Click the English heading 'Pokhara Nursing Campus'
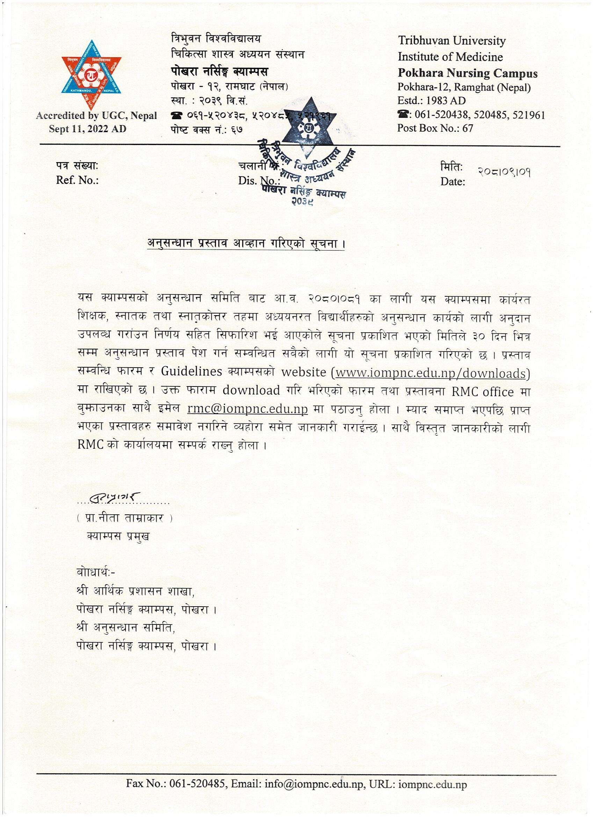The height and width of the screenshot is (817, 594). click(x=467, y=73)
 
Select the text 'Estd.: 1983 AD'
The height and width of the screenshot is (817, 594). click(x=431, y=101)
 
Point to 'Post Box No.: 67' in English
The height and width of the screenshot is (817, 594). click(x=435, y=128)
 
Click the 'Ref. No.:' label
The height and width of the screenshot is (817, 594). click(x=77, y=180)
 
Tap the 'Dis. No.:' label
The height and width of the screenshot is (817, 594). click(x=259, y=180)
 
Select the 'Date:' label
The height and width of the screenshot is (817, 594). click(x=452, y=182)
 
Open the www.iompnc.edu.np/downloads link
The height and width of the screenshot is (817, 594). click(x=430, y=373)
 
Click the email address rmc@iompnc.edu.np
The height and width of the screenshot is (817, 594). click(x=245, y=410)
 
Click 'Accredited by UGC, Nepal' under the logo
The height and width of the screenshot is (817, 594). click(x=96, y=116)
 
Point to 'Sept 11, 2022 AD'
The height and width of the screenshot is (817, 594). click(x=88, y=129)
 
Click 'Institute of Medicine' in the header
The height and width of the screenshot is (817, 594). click(x=450, y=57)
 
